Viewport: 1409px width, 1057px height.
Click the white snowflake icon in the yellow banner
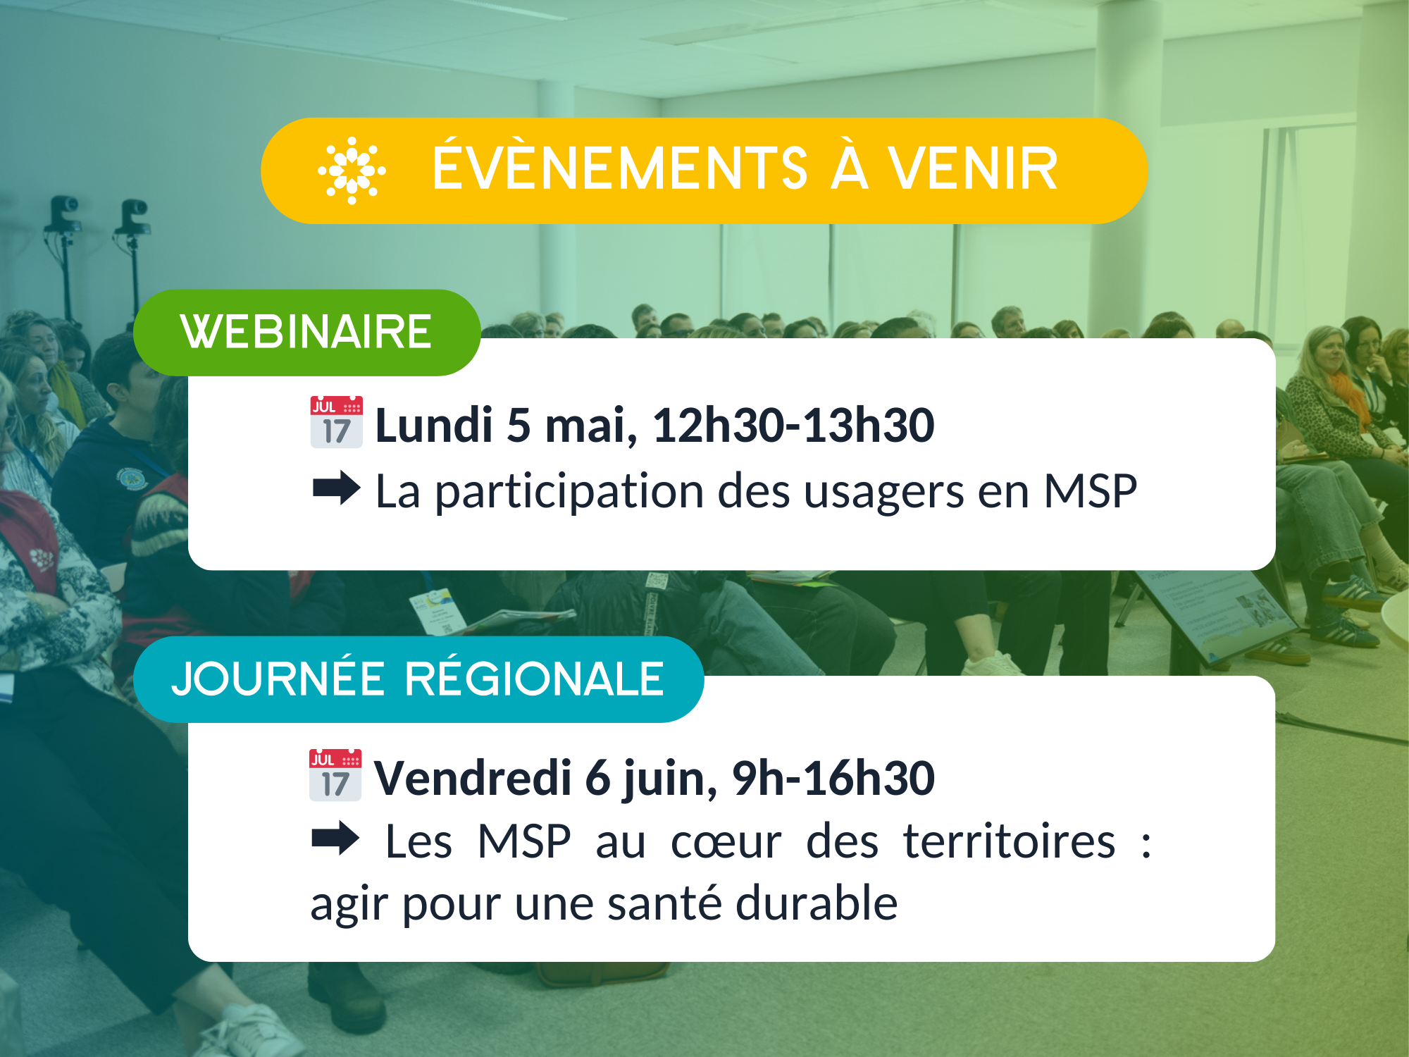click(352, 171)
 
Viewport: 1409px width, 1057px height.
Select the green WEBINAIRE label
click(307, 332)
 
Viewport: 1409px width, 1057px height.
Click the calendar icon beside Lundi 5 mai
click(337, 422)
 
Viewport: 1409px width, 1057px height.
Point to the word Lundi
click(434, 426)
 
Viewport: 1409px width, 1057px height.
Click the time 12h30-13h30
click(793, 426)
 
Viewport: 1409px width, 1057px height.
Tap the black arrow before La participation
click(337, 488)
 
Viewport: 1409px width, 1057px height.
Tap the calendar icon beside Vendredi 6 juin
click(335, 775)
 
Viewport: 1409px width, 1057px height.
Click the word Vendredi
click(473, 778)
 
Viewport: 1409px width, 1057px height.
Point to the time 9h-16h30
click(833, 778)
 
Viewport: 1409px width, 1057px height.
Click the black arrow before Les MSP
click(335, 839)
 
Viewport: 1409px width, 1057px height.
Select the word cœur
click(726, 843)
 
